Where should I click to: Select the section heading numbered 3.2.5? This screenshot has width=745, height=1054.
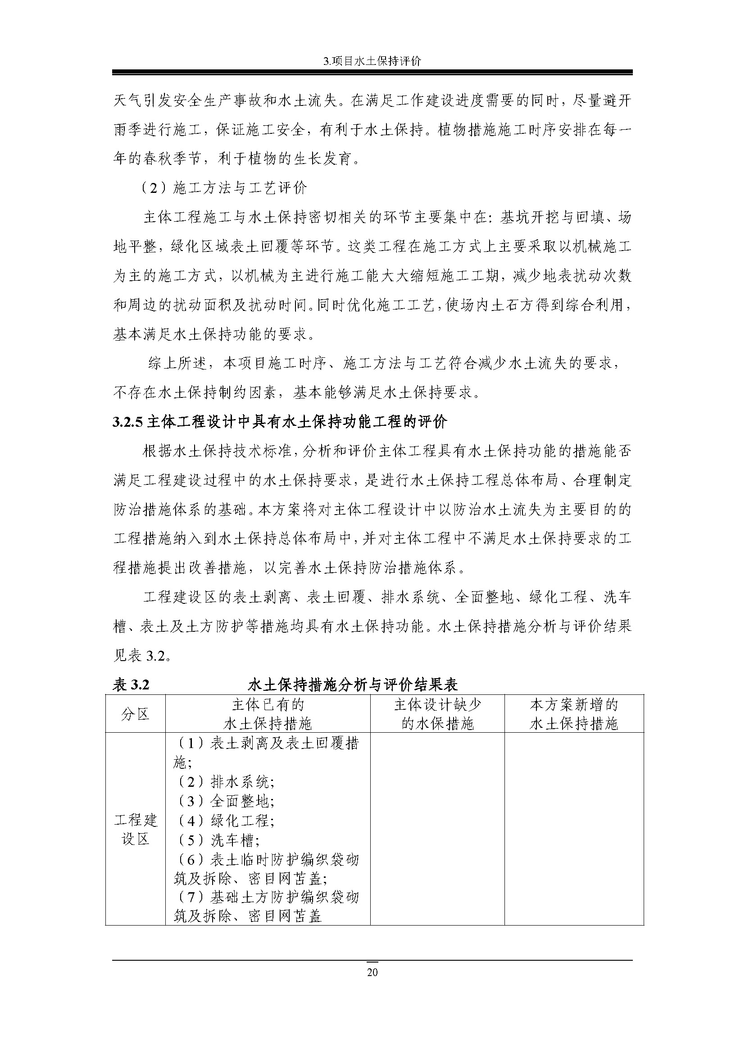[280, 421]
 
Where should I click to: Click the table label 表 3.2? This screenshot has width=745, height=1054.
[131, 685]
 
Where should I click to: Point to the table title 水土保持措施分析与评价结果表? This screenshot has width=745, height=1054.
[352, 685]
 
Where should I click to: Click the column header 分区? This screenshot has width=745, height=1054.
[135, 714]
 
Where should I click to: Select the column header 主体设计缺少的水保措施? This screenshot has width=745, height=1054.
[437, 714]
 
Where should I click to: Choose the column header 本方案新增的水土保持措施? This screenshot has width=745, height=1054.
[574, 714]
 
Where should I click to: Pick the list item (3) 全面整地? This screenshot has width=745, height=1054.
[225, 801]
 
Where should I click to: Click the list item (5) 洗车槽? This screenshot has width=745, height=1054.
[218, 840]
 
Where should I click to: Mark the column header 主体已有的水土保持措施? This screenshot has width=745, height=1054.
[268, 714]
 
